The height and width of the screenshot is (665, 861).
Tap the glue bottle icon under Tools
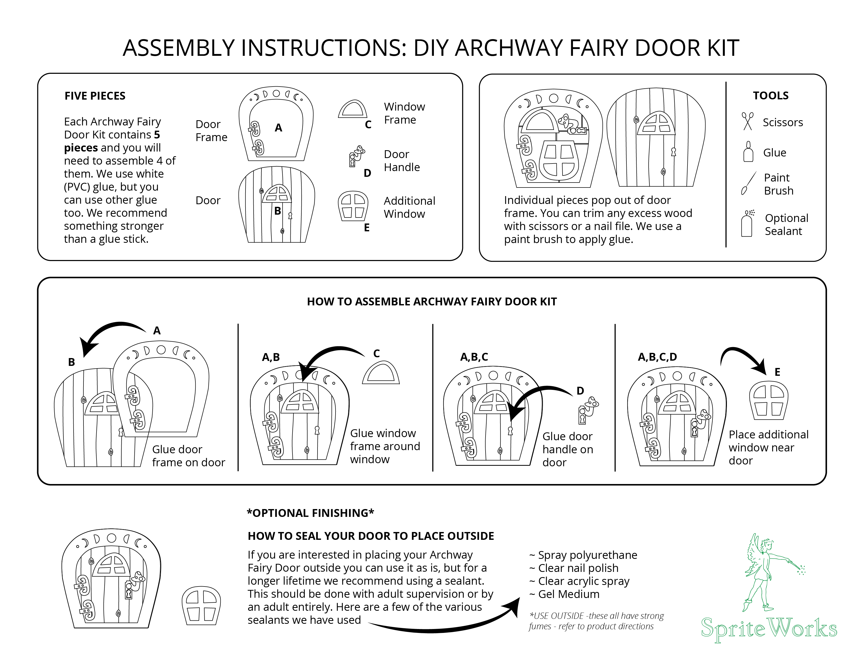click(748, 152)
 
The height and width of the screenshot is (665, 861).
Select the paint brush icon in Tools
click(748, 184)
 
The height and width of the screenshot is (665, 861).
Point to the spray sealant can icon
click(747, 224)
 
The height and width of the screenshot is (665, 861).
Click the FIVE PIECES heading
click(95, 96)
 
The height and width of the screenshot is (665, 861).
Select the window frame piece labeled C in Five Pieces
click(352, 110)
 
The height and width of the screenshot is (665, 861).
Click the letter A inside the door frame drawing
click(278, 128)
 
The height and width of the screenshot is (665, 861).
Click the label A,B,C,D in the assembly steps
click(657, 357)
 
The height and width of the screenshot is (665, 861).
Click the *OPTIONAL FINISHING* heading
click(310, 513)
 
